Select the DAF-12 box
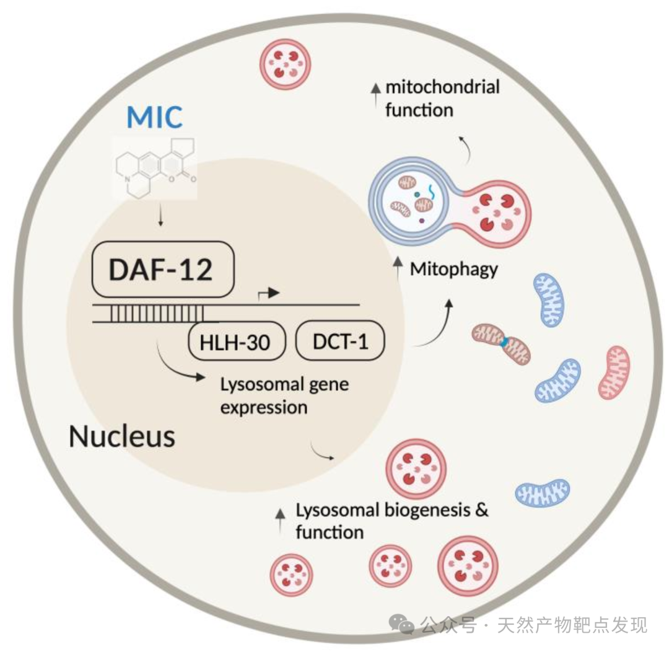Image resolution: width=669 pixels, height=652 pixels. point(163,268)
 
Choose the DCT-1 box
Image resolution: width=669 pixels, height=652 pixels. point(341,341)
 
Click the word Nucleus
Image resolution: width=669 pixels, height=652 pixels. point(121,436)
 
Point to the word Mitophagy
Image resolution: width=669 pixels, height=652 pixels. point(453,270)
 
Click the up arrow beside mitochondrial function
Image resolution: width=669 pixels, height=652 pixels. point(374,90)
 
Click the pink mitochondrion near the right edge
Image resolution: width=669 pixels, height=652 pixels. point(614,372)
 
